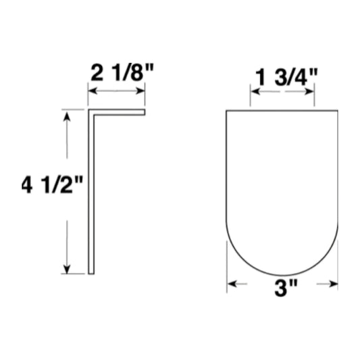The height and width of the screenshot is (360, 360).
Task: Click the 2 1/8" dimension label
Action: click(122, 72)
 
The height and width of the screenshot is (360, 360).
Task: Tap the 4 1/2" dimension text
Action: click(52, 185)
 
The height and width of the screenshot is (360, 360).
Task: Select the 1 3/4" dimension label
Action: click(286, 77)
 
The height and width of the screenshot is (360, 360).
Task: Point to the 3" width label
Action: click(286, 288)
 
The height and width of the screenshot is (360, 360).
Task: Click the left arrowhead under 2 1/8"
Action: click(93, 91)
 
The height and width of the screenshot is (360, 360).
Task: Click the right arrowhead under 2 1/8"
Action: click(140, 91)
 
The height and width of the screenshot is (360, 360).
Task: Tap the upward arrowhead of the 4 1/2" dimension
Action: click(67, 116)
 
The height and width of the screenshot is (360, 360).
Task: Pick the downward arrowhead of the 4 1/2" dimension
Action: click(67, 269)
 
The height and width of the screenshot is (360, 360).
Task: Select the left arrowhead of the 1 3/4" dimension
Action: click(255, 92)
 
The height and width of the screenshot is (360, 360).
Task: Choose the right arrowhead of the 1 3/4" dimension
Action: click(310, 92)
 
